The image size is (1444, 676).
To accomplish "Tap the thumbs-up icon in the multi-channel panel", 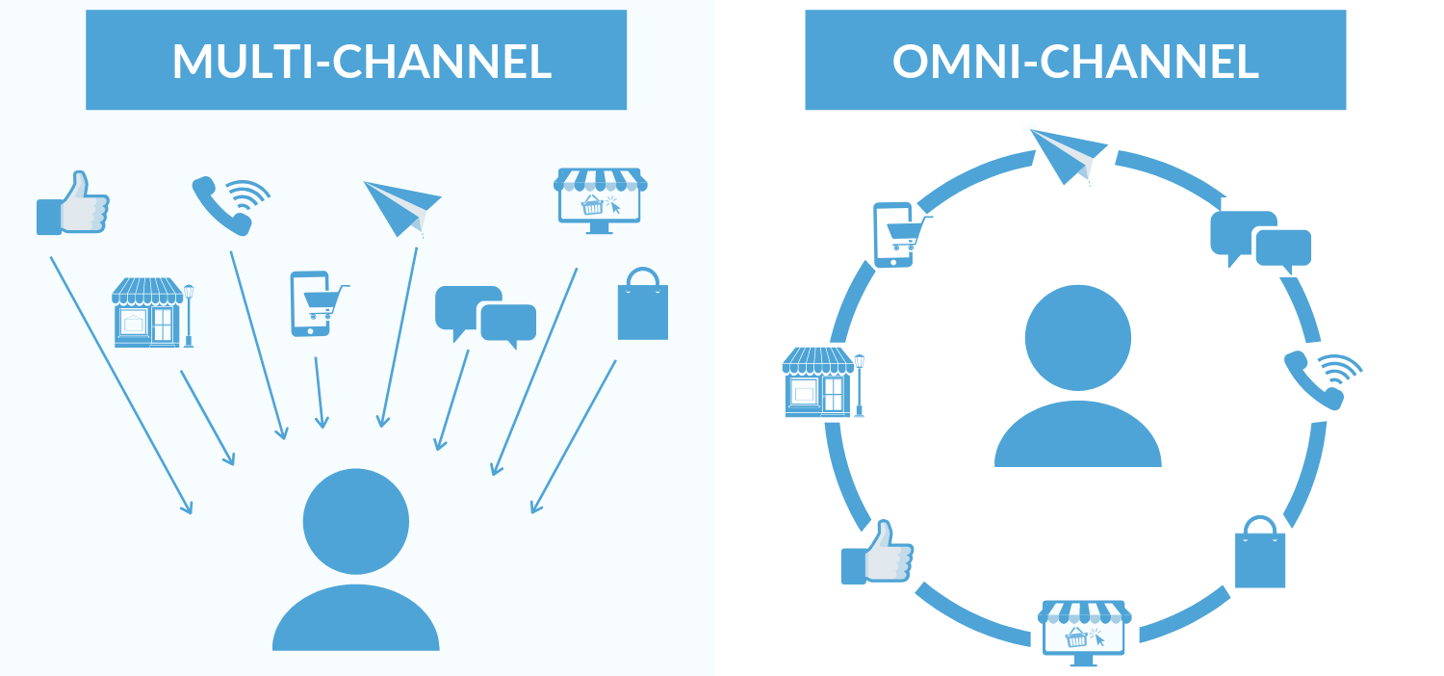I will pyautogui.click(x=73, y=203).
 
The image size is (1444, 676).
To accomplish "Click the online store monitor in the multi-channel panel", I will pyautogui.click(x=600, y=200).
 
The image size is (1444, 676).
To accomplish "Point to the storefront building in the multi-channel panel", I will pyautogui.click(x=151, y=313).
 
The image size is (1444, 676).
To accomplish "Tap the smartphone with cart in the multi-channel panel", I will pyautogui.click(x=313, y=303).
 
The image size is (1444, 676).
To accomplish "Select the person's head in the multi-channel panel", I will pyautogui.click(x=355, y=521).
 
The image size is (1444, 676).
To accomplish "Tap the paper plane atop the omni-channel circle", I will pyautogui.click(x=1069, y=155).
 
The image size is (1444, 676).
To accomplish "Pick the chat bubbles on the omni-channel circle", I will pyautogui.click(x=1259, y=240).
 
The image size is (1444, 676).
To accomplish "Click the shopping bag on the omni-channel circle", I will pyautogui.click(x=1259, y=553).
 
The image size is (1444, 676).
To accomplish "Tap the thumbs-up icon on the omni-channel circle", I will pyautogui.click(x=877, y=553).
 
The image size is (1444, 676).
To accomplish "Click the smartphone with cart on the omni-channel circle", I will pyautogui.click(x=896, y=234).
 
